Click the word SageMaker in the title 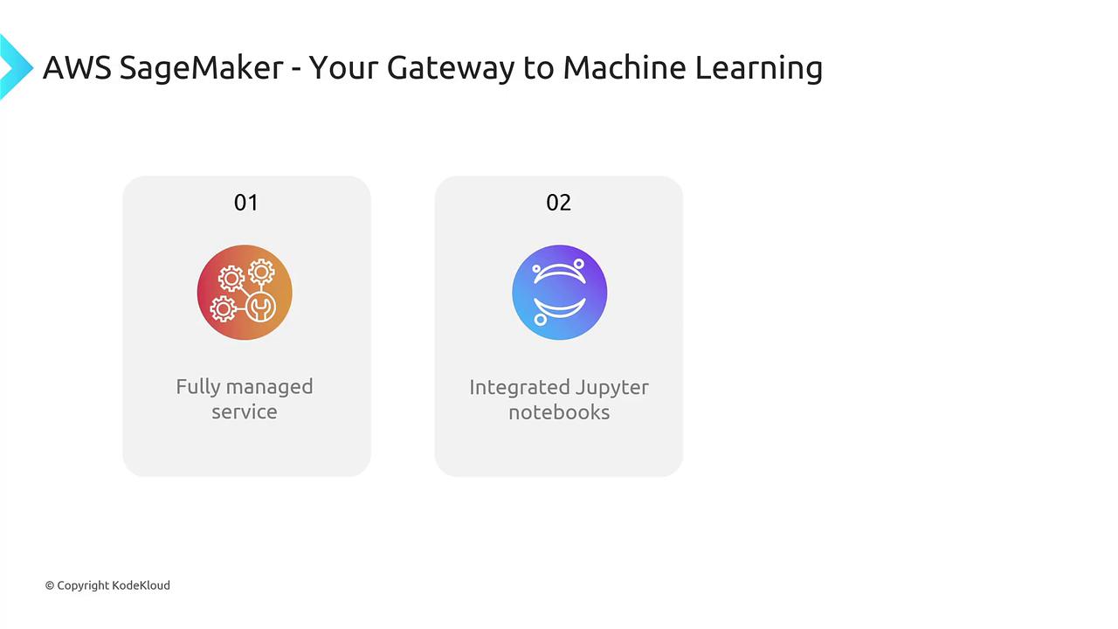click(x=201, y=68)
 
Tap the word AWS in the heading click(x=77, y=67)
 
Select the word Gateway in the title click(x=451, y=68)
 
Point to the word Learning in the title click(x=759, y=68)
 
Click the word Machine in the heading click(x=625, y=67)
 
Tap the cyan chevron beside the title click(x=16, y=67)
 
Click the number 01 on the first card click(x=246, y=203)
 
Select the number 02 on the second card click(x=558, y=203)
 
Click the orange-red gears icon click(x=245, y=292)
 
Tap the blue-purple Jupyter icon click(x=560, y=292)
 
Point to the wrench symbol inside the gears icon click(x=260, y=308)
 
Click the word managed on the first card click(x=270, y=387)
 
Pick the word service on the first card click(x=244, y=411)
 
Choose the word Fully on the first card click(x=197, y=387)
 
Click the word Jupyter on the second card click(x=612, y=388)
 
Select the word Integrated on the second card click(x=520, y=388)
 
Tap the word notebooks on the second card click(x=559, y=412)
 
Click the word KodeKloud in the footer click(x=141, y=585)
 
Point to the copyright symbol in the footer click(x=50, y=585)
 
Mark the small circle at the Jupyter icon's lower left click(x=540, y=320)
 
